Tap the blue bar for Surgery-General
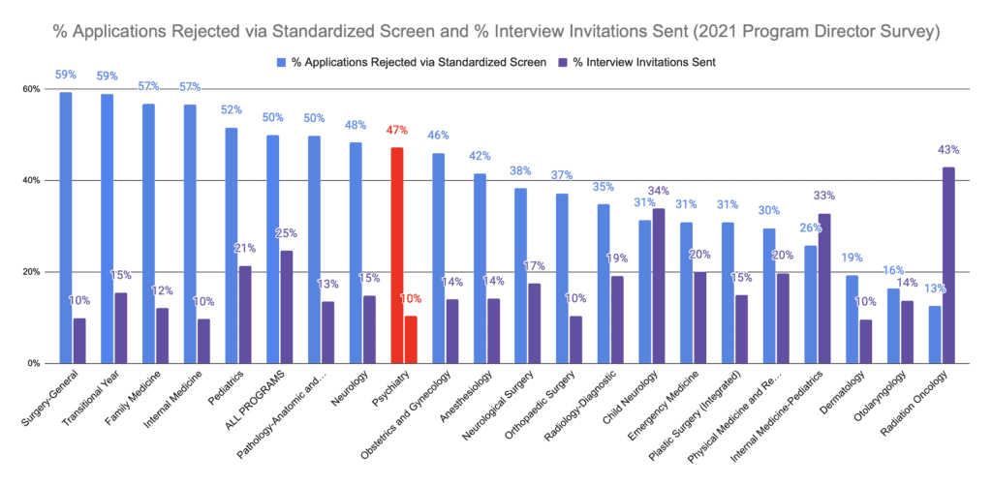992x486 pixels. tap(65, 228)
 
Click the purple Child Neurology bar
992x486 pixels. tap(659, 286)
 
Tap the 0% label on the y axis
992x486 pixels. tap(33, 363)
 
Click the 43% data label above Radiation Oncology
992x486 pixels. tap(948, 150)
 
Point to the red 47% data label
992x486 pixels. tap(396, 129)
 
